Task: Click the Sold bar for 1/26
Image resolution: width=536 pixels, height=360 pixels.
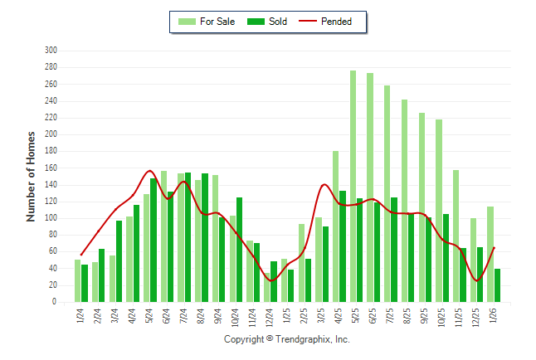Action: tap(497, 285)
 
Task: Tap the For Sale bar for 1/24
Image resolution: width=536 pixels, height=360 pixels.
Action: tap(77, 281)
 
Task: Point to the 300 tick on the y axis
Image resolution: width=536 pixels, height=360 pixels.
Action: tap(51, 51)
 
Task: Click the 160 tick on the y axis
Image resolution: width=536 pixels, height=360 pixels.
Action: tap(51, 168)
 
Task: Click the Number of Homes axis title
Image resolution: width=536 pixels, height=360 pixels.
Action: tap(31, 176)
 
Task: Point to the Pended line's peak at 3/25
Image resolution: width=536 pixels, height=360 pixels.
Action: tap(324, 184)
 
